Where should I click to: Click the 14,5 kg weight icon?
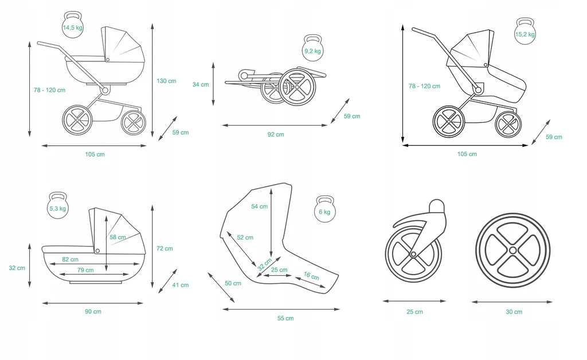(72, 25)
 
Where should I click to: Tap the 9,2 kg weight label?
(312, 51)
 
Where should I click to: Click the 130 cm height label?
(166, 81)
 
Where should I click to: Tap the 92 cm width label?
(276, 135)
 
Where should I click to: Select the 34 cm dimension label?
(200, 84)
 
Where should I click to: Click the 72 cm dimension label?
(165, 248)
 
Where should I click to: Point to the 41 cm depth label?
(181, 285)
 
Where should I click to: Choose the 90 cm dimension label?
(93, 311)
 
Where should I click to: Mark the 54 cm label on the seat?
(259, 206)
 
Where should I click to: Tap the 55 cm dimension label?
(285, 318)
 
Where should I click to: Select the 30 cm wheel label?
(514, 312)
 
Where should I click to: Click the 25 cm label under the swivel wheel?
(414, 312)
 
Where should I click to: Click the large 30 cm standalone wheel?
(512, 251)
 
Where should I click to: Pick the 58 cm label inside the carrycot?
(118, 237)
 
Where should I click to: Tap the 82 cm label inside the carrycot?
(70, 260)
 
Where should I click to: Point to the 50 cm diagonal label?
(233, 283)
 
